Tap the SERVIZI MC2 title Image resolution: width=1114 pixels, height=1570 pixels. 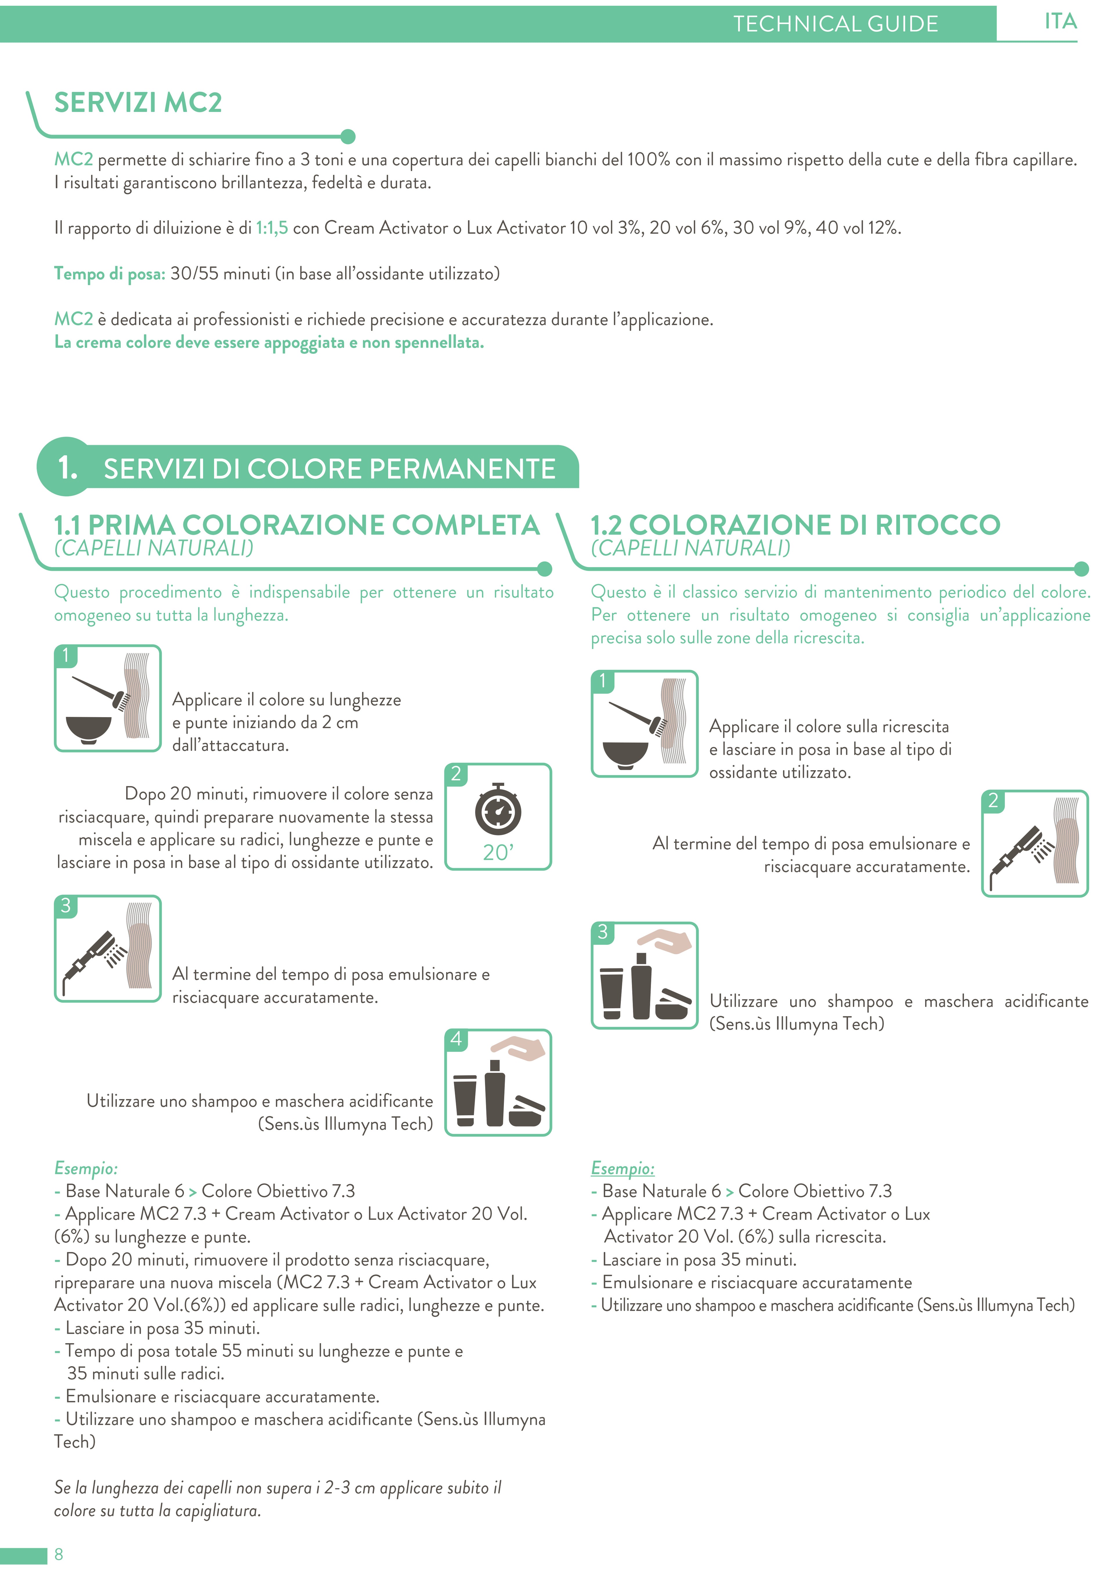tap(138, 103)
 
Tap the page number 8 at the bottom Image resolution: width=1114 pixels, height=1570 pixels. tap(59, 1553)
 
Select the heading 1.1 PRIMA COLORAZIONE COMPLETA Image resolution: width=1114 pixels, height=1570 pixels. tap(296, 525)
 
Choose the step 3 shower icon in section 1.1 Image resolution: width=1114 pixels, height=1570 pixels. tap(108, 949)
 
